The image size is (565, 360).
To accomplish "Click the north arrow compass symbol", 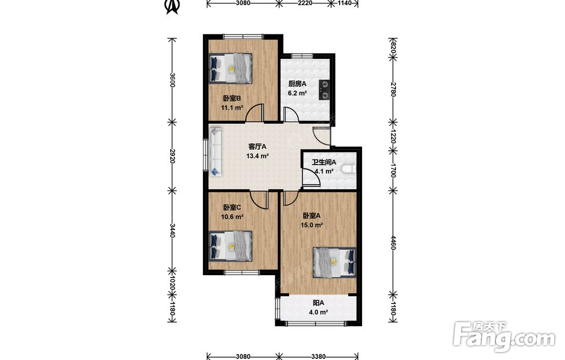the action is click(172, 6).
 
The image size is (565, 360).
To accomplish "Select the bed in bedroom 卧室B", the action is click(231, 68).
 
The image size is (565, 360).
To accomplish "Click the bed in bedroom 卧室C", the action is click(231, 246).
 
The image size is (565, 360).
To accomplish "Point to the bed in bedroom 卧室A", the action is click(334, 262).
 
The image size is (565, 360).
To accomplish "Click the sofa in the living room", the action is click(216, 151).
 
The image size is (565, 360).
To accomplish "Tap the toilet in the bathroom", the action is click(349, 169).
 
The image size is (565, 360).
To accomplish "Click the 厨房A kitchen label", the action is click(297, 84).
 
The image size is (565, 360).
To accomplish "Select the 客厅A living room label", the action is click(257, 147).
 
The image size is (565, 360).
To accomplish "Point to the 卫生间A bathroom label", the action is click(324, 163).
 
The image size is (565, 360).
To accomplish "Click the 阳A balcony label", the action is click(318, 303).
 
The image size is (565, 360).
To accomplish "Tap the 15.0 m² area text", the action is click(312, 225).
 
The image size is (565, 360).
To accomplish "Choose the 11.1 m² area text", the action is click(232, 107).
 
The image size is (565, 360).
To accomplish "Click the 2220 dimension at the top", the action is click(305, 3).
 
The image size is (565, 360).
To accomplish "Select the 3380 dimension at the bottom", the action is click(318, 357).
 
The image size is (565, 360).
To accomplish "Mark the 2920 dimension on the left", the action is click(172, 156).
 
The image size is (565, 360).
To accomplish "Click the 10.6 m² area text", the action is click(232, 216).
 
